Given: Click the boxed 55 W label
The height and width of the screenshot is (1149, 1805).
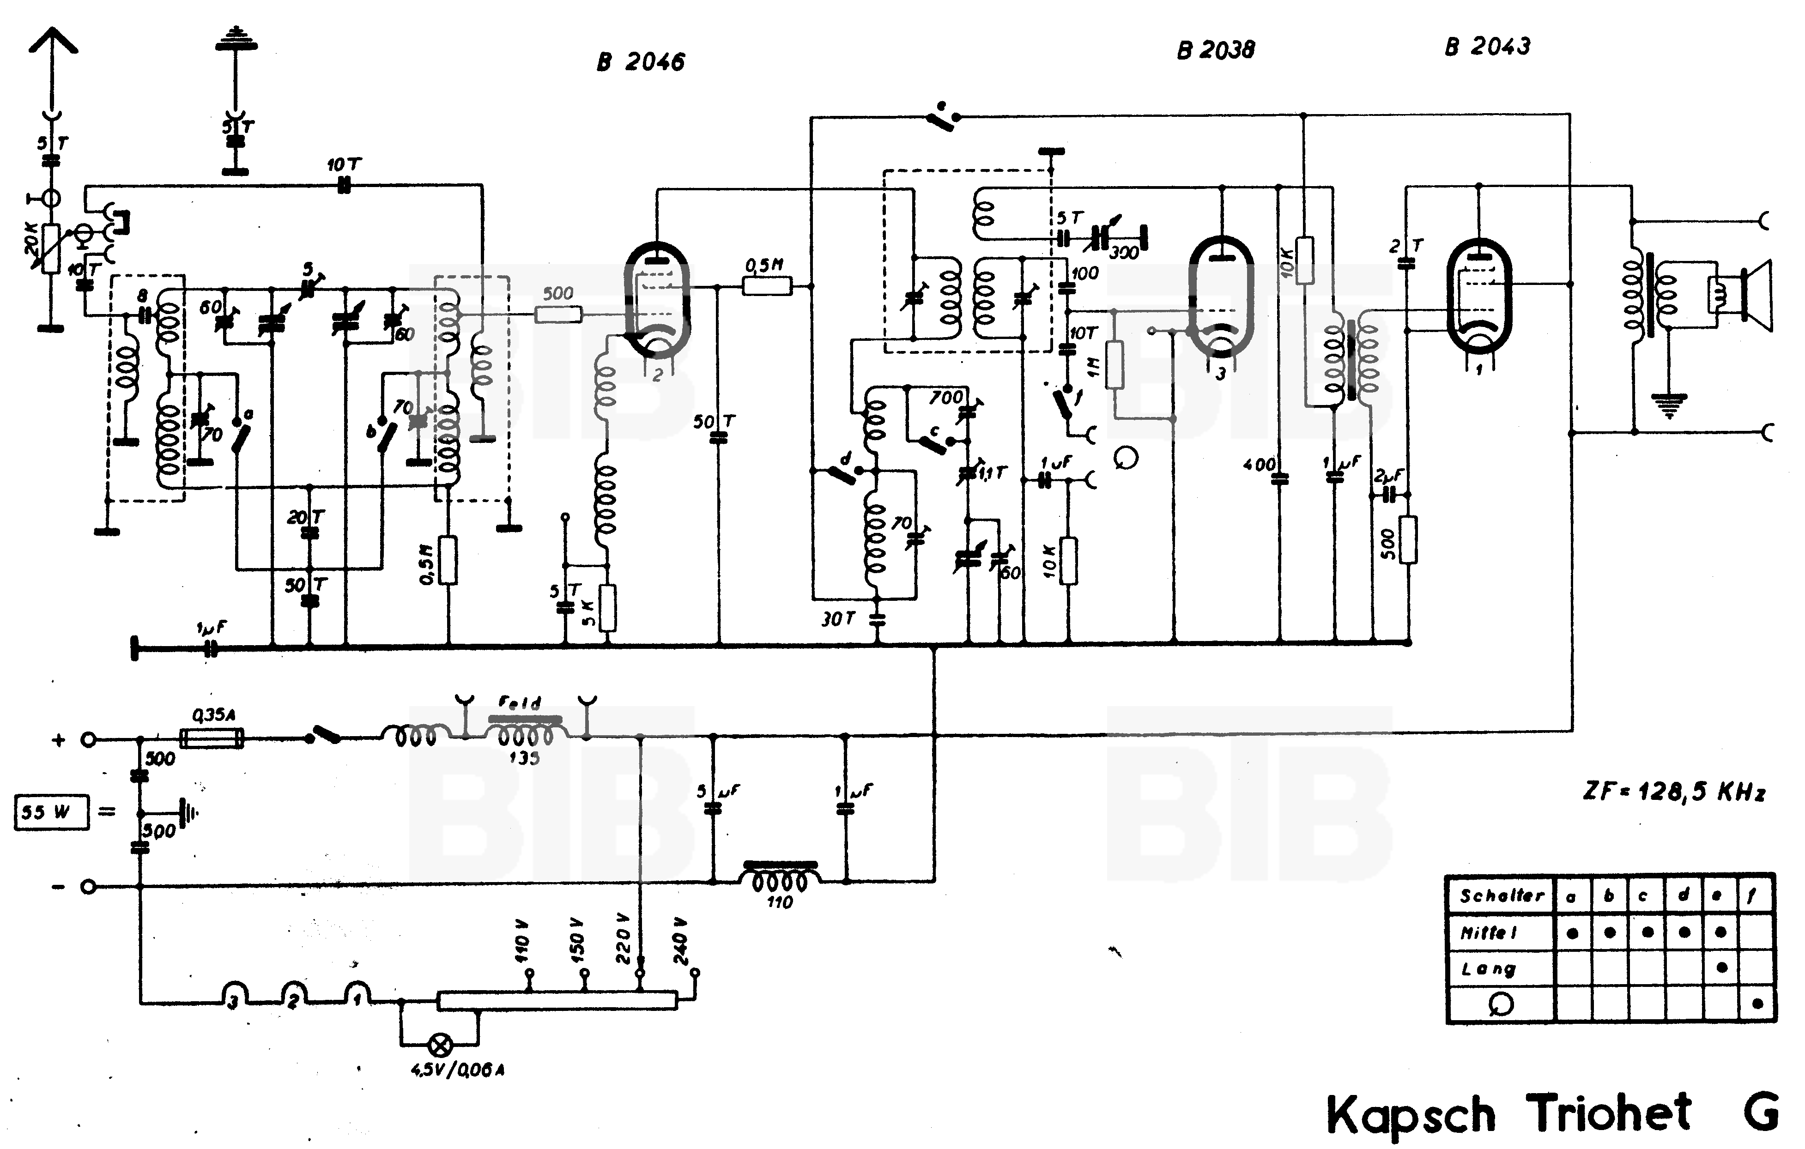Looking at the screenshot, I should (51, 812).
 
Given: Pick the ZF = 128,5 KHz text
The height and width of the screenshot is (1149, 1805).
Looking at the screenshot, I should (1673, 792).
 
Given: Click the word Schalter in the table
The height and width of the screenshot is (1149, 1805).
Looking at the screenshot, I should (1502, 895).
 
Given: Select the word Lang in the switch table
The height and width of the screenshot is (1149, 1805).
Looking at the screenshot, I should (1488, 968).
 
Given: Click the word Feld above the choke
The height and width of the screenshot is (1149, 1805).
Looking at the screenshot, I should (520, 703).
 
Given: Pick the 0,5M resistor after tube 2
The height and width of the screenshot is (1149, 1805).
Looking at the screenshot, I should (766, 285).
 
